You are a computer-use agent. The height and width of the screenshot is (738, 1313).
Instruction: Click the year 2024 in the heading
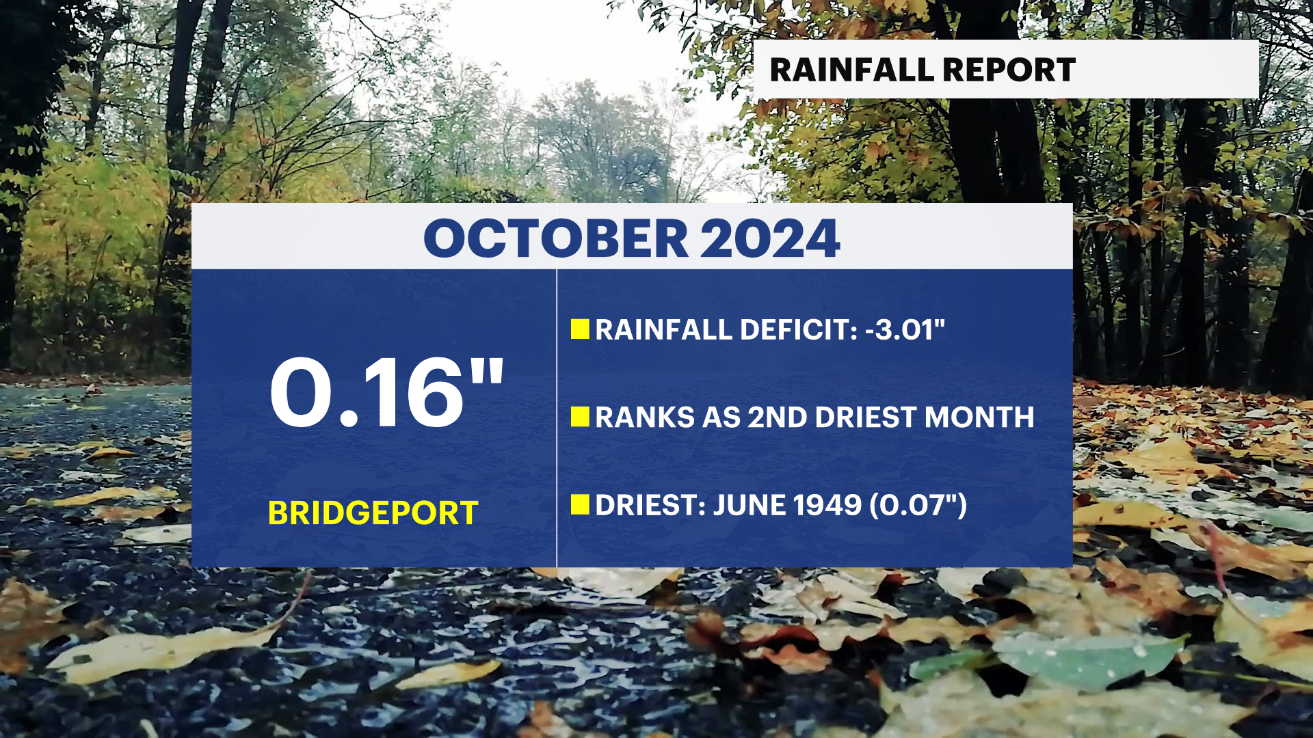tap(770, 238)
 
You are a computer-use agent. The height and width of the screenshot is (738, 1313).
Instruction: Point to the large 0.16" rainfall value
tap(387, 392)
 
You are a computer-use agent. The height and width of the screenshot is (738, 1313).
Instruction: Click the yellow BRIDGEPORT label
tap(373, 513)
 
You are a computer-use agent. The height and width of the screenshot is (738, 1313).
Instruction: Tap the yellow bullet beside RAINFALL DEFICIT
tap(580, 329)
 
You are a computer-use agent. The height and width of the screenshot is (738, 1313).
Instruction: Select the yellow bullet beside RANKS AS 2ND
tap(580, 417)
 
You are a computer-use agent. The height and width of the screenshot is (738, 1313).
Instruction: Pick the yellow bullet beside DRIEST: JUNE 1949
tap(580, 504)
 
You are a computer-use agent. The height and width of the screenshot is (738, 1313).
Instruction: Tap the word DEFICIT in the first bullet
tap(799, 329)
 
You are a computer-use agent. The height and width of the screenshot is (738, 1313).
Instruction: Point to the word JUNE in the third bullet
tap(750, 505)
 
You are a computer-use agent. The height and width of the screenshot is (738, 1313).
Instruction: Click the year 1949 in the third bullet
tap(827, 505)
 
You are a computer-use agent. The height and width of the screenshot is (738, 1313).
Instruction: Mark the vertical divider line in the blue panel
tap(557, 418)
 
